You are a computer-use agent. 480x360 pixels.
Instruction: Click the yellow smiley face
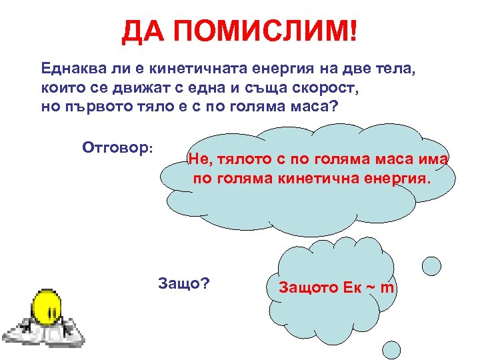(x=48, y=305)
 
